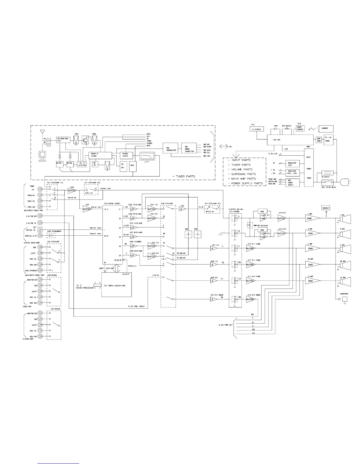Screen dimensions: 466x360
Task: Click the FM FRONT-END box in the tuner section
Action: point(64,140)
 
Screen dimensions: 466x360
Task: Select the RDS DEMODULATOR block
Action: point(171,149)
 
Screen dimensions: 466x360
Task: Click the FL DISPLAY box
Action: point(257,129)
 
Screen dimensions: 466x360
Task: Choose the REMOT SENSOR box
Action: point(300,129)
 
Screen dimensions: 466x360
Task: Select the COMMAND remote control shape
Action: point(325,128)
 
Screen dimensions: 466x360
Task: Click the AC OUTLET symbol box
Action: point(327,173)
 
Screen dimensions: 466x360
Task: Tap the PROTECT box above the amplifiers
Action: point(326,208)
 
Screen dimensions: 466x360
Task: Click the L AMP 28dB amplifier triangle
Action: point(312,218)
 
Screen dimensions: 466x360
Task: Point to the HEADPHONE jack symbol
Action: point(345,299)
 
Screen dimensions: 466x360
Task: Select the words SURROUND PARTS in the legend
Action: point(243,174)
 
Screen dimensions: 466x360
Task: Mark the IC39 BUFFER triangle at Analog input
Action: point(87,209)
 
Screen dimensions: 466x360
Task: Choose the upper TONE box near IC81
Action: point(262,211)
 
